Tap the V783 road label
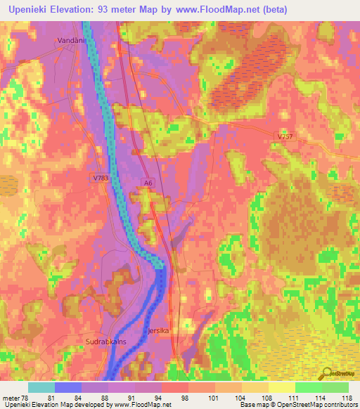(100, 178)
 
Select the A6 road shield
(147, 183)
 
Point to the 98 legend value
(184, 398)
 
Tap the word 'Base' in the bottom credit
(247, 405)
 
